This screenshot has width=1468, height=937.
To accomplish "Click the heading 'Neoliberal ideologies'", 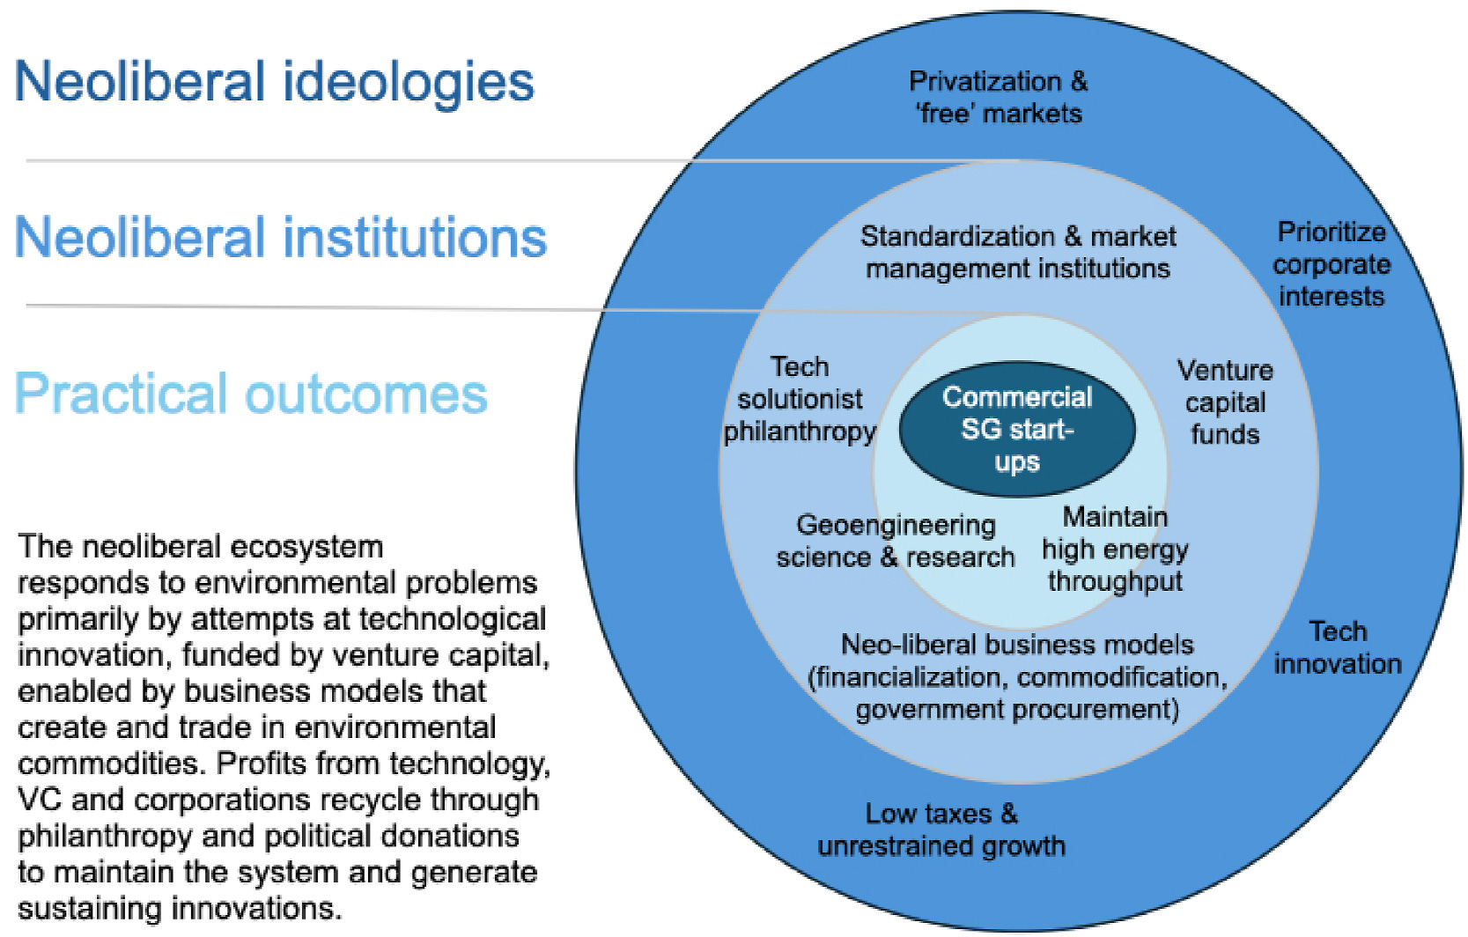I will pos(274,82).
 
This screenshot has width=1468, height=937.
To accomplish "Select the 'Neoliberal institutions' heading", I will pos(280,238).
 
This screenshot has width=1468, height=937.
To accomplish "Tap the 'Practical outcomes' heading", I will pos(251,394).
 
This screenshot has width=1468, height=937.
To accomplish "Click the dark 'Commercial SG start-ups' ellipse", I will pos(1017,430).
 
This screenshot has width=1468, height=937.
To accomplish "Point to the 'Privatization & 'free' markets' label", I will pos(998,98).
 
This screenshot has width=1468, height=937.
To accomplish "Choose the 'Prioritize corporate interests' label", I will pos(1332,264).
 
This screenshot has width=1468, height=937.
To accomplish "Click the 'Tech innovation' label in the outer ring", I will pos(1337,647).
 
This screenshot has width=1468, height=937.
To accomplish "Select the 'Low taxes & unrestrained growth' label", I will pos(941,830).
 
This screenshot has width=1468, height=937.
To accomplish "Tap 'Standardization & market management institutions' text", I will pos(1018,252).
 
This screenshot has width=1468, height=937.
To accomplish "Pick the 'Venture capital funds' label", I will pos(1225,402).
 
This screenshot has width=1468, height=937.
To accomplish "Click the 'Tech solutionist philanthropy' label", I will pos(800,399).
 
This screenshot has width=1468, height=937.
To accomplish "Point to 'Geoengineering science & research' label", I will pos(895,541).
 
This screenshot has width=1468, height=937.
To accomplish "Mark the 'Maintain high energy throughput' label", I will pos(1115,549).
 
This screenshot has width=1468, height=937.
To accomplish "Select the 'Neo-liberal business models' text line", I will pos(1017,645).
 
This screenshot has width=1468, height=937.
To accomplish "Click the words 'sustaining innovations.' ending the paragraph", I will pos(180,908).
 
